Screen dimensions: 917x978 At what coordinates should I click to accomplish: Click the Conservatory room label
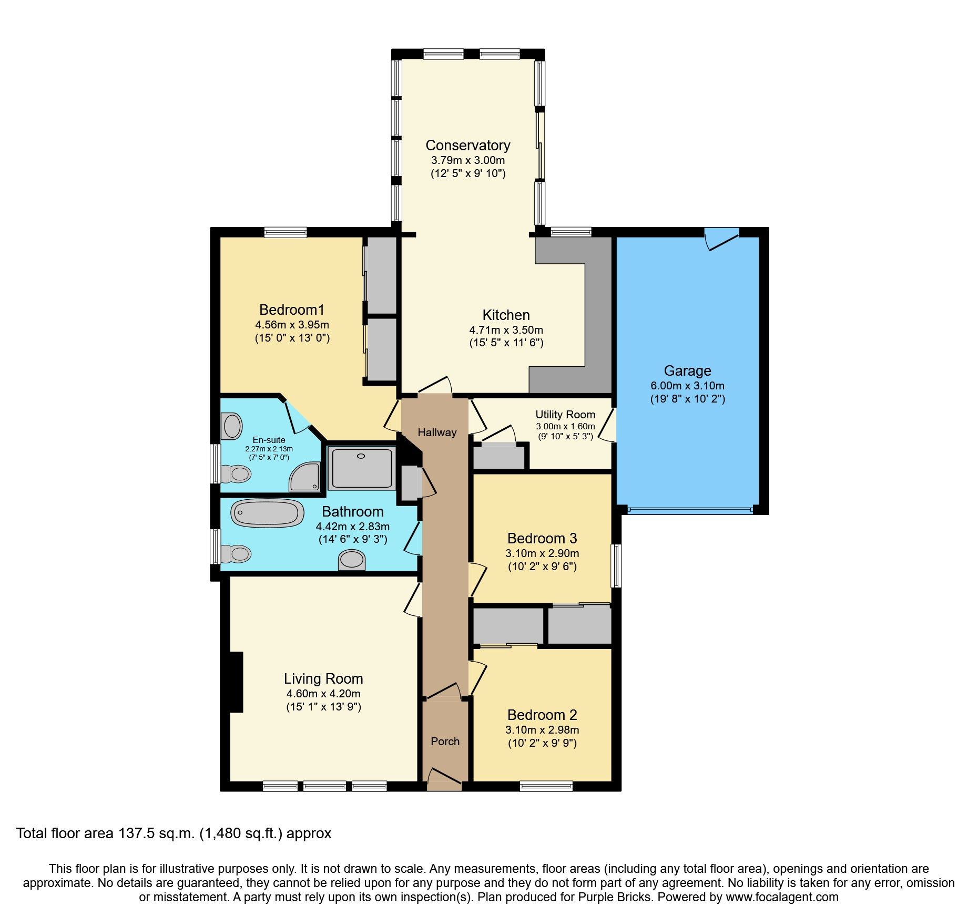click(467, 146)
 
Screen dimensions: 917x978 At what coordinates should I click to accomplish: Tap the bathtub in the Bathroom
click(267, 513)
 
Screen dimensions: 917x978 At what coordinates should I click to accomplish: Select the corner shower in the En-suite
click(306, 478)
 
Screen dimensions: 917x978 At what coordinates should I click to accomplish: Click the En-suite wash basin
click(231, 426)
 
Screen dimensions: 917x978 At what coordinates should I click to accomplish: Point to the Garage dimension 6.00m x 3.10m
click(687, 385)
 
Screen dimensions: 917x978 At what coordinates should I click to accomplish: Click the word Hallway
click(437, 432)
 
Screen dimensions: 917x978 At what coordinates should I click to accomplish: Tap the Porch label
click(445, 741)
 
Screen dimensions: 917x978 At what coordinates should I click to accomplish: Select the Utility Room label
click(565, 415)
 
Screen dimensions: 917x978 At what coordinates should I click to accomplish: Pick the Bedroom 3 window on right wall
click(616, 566)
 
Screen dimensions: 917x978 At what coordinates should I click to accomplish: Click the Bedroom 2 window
click(546, 786)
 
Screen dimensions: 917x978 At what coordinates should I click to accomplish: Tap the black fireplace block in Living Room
click(236, 682)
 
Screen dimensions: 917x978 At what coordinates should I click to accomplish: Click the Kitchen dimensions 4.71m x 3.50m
click(506, 330)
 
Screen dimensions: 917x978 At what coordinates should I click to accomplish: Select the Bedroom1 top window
click(285, 232)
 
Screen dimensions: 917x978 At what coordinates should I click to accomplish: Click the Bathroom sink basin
click(352, 560)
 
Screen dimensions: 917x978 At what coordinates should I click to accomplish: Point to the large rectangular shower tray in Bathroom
click(362, 468)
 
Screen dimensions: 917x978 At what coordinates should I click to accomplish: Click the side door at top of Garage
click(721, 238)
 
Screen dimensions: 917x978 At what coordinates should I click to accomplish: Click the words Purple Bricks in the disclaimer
click(615, 897)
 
